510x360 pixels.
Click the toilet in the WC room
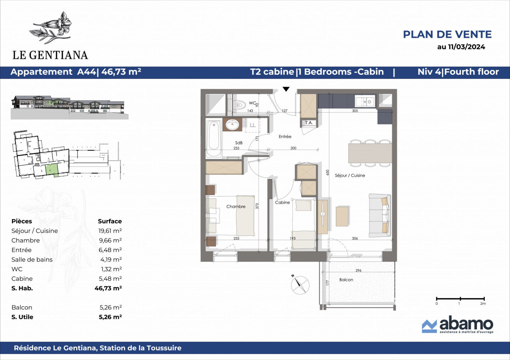241,105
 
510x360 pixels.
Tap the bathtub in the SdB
214,136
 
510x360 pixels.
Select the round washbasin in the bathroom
232,125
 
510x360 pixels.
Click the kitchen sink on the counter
365,102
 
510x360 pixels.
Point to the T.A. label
309,123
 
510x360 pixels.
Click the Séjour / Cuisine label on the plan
350,175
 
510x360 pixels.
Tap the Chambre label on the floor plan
236,206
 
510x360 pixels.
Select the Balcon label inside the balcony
346,280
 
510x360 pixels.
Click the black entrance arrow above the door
286,89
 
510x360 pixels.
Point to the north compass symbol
300,285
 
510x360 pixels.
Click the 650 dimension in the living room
328,172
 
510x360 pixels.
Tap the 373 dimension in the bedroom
257,206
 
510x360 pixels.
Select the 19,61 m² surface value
110,231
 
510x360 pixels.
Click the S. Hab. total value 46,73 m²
108,288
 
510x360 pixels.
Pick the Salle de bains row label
32,259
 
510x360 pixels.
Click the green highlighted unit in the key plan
52,170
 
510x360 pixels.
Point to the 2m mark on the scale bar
483,299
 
